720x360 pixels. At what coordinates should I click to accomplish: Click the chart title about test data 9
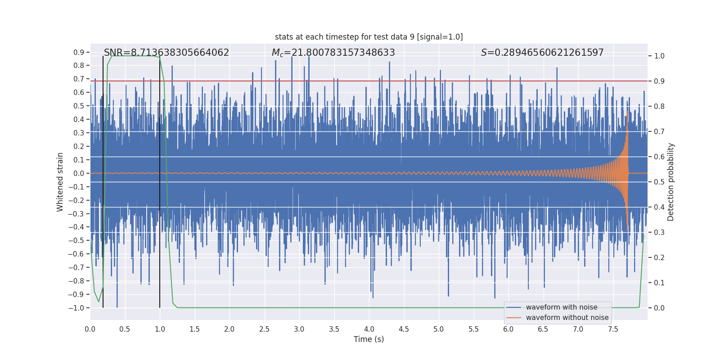pos(369,37)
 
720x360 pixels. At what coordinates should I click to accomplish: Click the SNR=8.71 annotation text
pos(166,53)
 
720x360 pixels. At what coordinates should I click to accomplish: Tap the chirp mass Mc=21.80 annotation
pos(333,53)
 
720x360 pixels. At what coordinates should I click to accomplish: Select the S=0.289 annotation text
pos(542,53)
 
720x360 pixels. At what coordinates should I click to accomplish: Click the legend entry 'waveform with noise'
pos(561,307)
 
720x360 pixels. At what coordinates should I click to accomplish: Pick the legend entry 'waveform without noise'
pos(567,318)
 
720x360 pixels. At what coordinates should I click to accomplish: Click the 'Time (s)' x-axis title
pos(369,339)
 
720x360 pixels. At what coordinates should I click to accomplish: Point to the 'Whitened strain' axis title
pos(60,182)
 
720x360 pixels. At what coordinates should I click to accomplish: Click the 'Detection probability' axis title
pos(671,182)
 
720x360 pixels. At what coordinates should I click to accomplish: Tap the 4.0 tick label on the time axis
pos(369,329)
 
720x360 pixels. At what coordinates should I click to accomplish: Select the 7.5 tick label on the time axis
pos(613,329)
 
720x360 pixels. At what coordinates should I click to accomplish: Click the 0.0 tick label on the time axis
pos(90,329)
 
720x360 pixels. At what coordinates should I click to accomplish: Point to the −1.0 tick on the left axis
pos(76,308)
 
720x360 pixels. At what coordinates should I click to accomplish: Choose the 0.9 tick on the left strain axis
pos(79,53)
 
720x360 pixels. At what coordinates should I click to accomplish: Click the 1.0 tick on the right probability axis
pos(659,56)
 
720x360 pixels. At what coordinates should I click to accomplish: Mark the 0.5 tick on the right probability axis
pos(659,182)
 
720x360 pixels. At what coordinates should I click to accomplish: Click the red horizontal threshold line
pos(360,81)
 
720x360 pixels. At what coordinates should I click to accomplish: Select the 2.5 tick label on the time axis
pos(264,329)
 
